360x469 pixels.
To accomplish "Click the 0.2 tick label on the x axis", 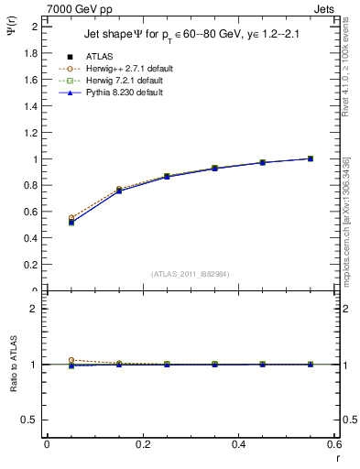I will [142, 444].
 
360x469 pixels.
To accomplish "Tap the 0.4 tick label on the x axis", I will [238, 444].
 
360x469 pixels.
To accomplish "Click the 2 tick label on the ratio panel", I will [35, 309].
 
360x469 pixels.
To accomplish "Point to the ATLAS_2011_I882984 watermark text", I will [191, 273].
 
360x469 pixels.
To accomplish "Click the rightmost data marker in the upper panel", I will [311, 158].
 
